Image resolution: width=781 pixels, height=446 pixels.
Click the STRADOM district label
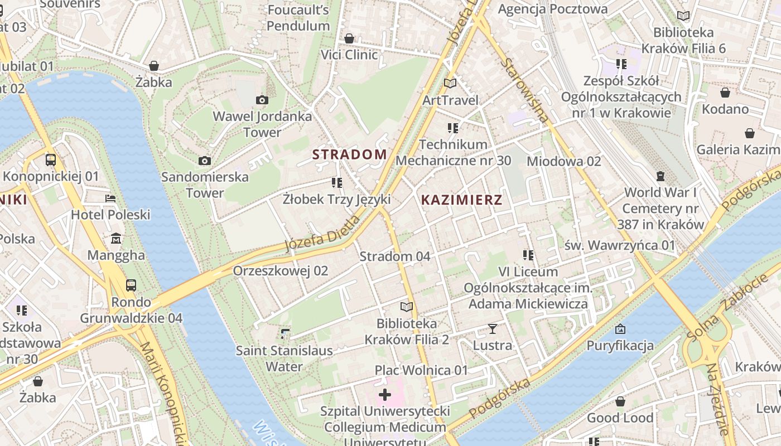(349, 154)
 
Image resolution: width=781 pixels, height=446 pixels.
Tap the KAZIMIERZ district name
(461, 200)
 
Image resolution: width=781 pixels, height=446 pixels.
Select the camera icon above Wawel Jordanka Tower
(262, 100)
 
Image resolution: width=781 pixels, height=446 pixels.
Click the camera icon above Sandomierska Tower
(205, 161)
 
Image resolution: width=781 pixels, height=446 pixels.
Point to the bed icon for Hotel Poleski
(110, 198)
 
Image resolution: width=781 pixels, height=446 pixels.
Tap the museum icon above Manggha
(116, 239)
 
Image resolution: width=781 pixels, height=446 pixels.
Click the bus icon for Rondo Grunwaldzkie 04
(131, 285)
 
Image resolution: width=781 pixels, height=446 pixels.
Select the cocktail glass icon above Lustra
(492, 328)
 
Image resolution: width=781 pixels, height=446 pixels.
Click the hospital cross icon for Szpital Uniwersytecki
(385, 395)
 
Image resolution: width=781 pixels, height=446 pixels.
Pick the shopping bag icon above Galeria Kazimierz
(750, 133)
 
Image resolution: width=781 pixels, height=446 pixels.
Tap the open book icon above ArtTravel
(450, 84)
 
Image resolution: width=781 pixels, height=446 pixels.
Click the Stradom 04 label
(395, 256)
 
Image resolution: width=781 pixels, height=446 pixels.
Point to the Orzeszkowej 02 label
(281, 271)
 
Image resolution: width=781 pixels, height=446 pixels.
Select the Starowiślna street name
(524, 90)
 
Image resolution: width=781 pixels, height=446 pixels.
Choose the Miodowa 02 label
(564, 161)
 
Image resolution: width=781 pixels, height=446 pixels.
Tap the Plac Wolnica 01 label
(421, 370)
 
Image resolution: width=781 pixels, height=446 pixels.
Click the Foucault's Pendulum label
(298, 18)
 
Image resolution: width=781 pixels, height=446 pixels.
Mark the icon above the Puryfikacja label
(620, 329)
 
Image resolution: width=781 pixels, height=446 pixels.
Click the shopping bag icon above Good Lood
(620, 401)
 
